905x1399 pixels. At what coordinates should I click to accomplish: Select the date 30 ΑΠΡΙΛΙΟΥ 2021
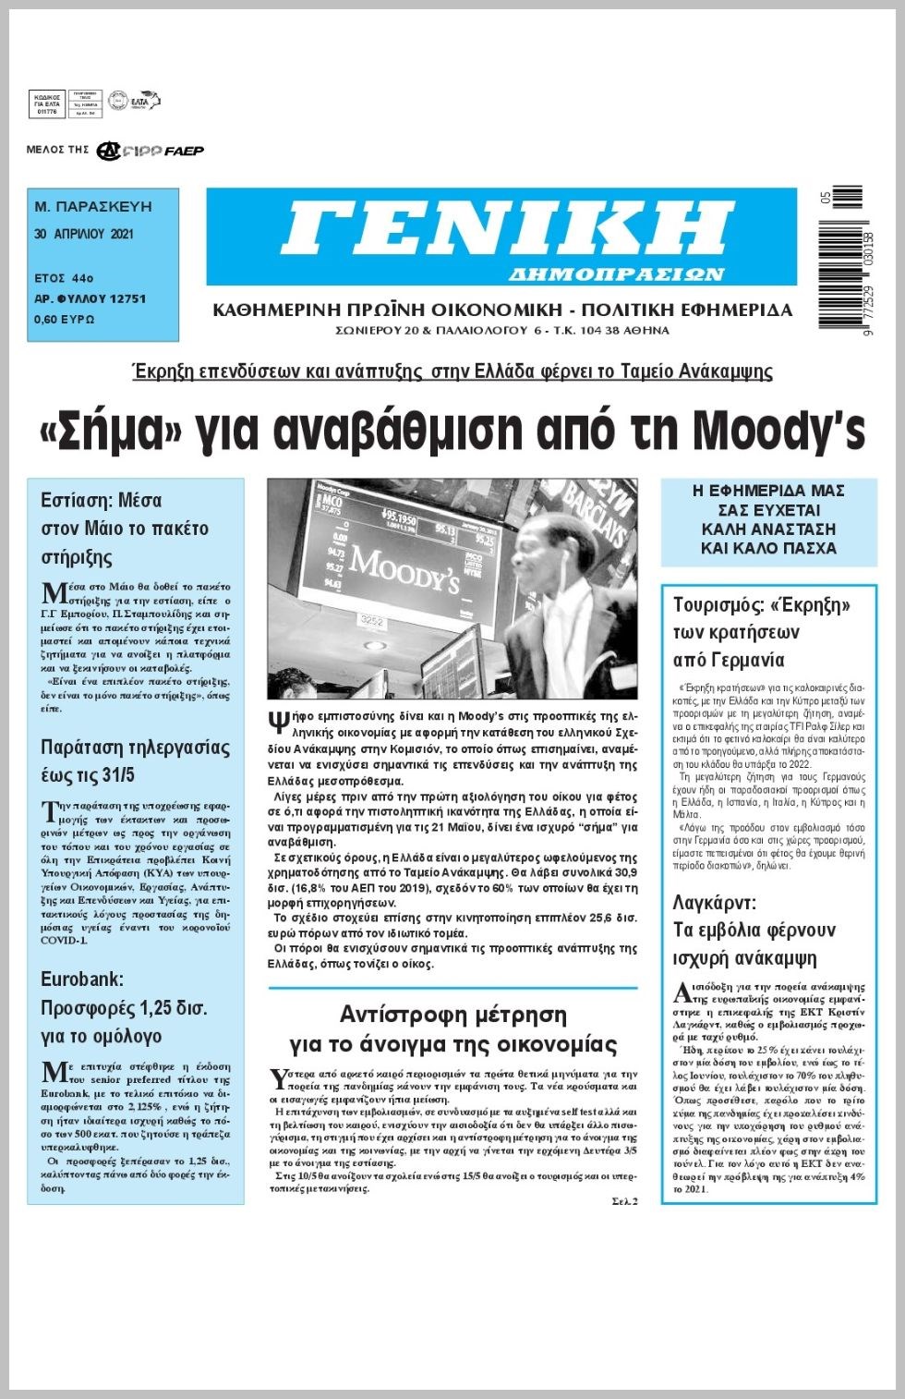[84, 235]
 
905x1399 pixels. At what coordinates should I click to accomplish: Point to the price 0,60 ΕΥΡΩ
[65, 320]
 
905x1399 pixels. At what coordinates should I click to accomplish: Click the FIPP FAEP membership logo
[151, 151]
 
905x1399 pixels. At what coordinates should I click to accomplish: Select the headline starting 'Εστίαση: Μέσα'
[101, 501]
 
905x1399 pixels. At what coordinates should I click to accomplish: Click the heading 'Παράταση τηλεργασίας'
[135, 747]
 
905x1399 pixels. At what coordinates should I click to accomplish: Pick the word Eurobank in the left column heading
[81, 979]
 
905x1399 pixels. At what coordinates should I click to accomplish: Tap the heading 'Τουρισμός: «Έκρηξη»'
[761, 605]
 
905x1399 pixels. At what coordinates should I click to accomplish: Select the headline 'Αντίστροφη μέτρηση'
[452, 1015]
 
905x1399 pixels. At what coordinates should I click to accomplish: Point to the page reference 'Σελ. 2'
[623, 1200]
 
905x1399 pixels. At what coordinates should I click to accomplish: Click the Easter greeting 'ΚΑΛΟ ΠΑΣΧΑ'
[768, 548]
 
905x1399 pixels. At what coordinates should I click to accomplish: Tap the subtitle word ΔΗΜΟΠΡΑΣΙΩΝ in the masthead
[616, 274]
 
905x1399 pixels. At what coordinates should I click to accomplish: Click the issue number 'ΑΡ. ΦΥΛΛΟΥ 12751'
[90, 299]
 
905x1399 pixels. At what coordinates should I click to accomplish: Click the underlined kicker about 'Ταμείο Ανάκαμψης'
[452, 371]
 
